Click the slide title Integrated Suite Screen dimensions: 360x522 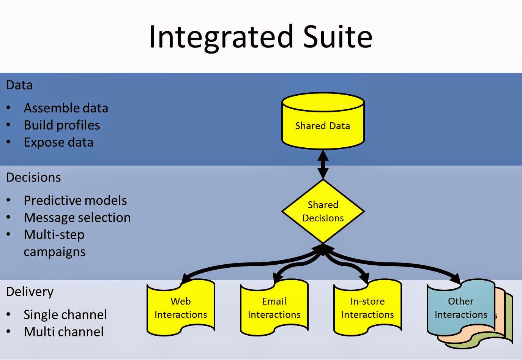260,36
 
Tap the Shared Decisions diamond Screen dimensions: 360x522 323,211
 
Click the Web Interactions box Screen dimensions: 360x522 181,308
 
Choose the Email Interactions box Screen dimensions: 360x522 274,308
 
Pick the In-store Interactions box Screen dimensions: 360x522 367,308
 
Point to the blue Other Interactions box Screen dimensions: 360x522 460,308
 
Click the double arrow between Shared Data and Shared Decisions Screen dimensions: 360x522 323,164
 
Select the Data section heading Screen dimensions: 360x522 19,85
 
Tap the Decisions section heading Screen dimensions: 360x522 33,177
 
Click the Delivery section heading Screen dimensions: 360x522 30,292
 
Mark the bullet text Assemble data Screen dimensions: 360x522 66,108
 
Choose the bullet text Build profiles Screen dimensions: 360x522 62,125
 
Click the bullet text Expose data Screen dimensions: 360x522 58,142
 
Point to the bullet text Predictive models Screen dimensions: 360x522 75,201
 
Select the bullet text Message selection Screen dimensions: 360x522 77,218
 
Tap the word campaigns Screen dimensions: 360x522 55,252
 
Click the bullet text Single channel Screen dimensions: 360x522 65,315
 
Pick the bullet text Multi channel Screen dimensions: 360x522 64,332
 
